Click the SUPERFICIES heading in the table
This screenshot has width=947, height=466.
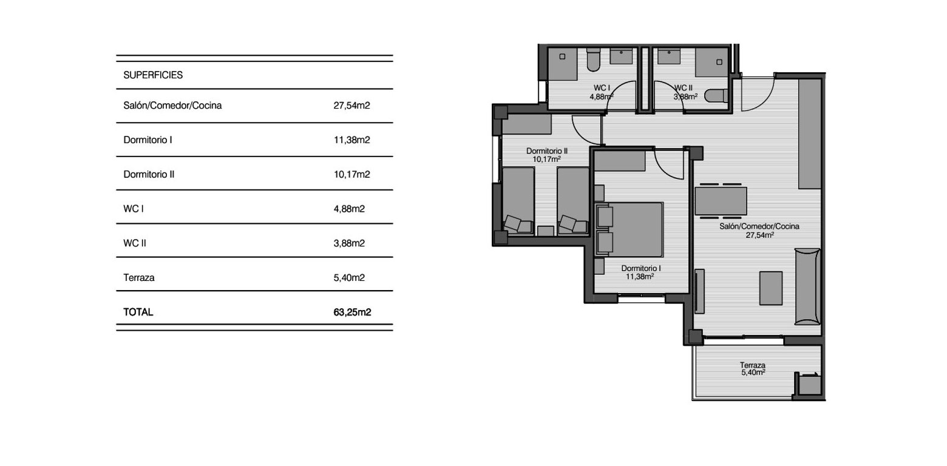point(153,75)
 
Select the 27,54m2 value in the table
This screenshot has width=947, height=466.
point(351,106)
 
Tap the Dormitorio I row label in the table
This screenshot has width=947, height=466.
point(148,140)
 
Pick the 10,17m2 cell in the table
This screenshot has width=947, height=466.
point(351,174)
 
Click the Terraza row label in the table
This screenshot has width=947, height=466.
point(139,278)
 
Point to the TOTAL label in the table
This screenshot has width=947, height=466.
point(138,312)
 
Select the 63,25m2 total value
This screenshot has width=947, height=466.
point(352,312)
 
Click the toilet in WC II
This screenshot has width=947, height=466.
point(717,96)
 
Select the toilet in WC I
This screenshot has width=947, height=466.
point(594,61)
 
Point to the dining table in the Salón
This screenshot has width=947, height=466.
point(721,200)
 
